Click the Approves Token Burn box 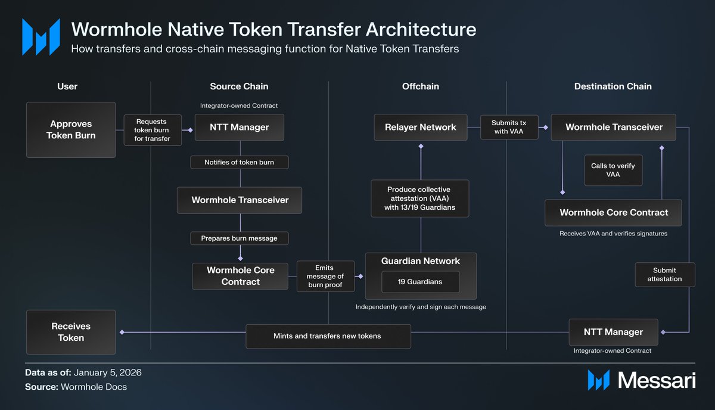click(x=71, y=129)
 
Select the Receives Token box click(x=71, y=332)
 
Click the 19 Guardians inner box click(x=420, y=281)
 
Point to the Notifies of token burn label click(x=240, y=162)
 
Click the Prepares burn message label click(x=240, y=238)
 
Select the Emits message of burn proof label click(x=325, y=276)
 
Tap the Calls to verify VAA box click(x=613, y=170)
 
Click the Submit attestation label click(x=664, y=275)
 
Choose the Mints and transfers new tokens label click(x=328, y=336)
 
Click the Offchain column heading click(x=420, y=86)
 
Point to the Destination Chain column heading click(x=613, y=86)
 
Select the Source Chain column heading click(x=239, y=86)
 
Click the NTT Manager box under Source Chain click(x=240, y=127)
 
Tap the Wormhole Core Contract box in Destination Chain click(x=614, y=213)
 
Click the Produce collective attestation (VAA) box click(x=419, y=198)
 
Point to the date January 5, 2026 click(x=107, y=372)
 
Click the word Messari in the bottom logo click(x=656, y=380)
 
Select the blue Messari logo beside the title click(x=41, y=37)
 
